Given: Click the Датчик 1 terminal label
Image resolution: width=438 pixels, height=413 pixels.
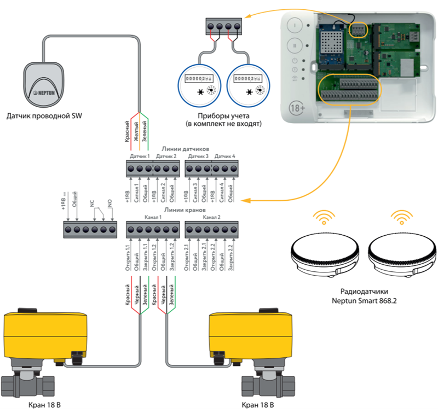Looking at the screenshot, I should [139, 156].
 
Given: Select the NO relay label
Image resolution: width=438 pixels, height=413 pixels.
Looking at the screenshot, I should [109, 202].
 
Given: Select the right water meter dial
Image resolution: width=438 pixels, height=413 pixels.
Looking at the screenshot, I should [249, 84].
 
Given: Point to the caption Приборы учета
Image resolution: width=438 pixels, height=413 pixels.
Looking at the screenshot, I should [224, 115].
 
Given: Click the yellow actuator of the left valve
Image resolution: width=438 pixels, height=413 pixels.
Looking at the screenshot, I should [42, 335].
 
